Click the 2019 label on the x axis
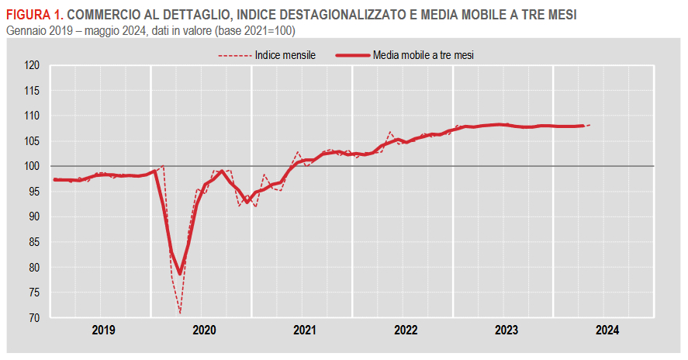click(x=103, y=330)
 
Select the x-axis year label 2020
click(x=204, y=330)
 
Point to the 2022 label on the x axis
click(x=406, y=330)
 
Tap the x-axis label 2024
click(x=607, y=330)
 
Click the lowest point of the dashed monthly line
click(x=179, y=313)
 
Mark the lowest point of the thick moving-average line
click(x=179, y=273)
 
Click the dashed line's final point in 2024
click(x=590, y=125)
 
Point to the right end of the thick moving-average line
click(x=583, y=126)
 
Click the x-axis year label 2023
click(x=506, y=330)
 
